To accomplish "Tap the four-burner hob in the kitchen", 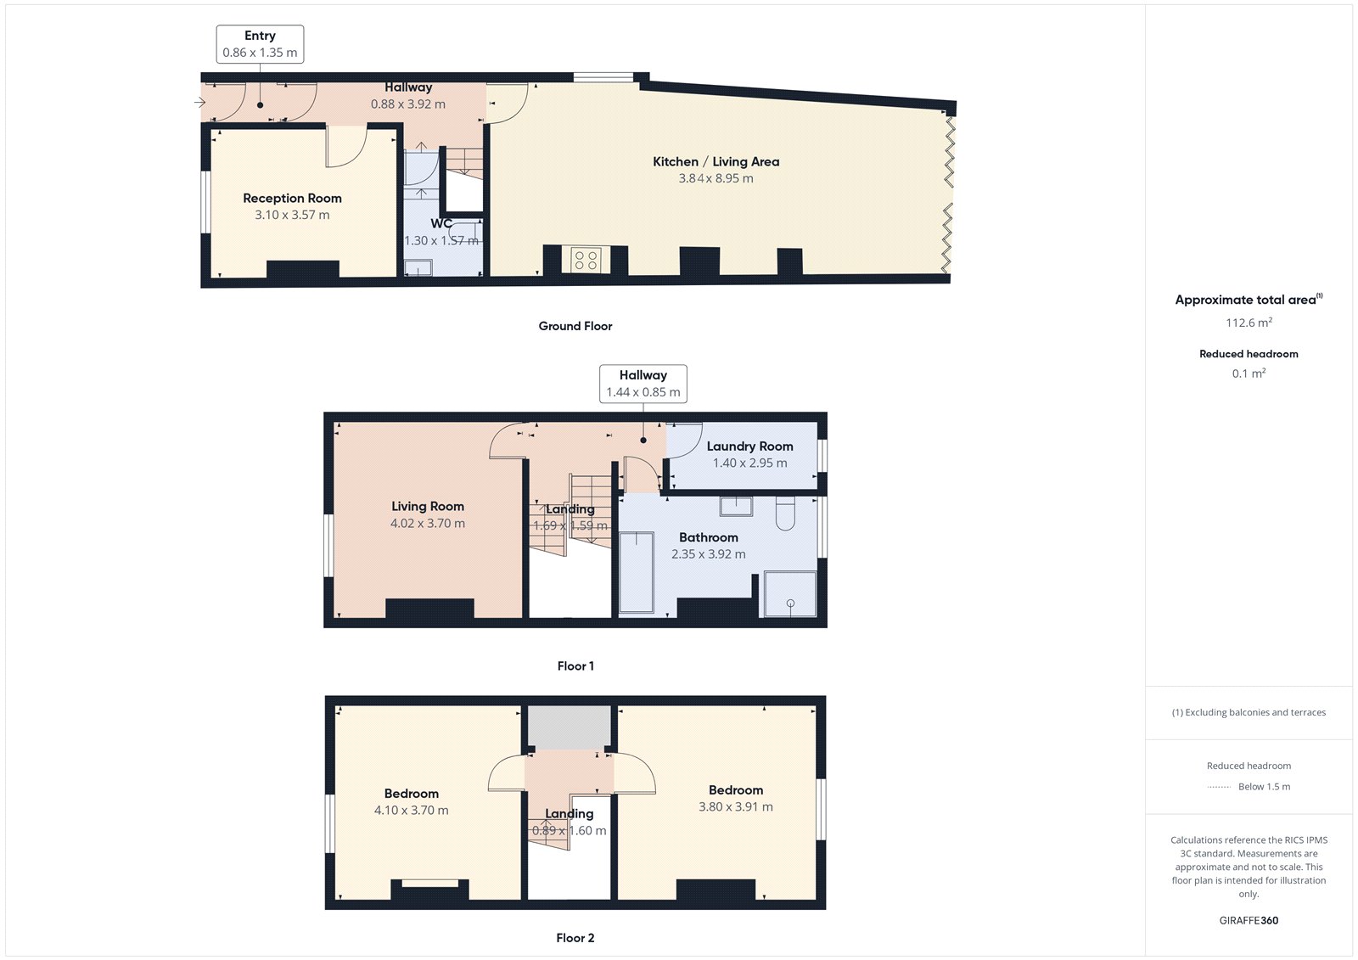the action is [586, 261].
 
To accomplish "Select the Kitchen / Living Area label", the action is [716, 162].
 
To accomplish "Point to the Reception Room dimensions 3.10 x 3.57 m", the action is [292, 215].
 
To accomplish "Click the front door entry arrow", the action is [200, 103].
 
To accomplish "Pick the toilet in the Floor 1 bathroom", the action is [785, 514].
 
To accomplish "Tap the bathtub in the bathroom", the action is [637, 572].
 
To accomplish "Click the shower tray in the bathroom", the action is [790, 593].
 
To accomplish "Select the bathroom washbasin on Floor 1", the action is [736, 507].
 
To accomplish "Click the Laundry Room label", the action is [750, 446].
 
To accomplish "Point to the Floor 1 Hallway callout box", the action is [643, 384].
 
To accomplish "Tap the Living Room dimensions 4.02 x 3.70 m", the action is [428, 524].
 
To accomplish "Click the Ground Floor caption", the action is [575, 326].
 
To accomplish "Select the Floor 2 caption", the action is [575, 938].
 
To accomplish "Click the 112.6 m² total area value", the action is [1249, 322].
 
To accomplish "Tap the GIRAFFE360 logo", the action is [1249, 921].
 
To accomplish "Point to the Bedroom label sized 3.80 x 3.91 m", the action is [736, 790].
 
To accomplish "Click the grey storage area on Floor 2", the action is [569, 727].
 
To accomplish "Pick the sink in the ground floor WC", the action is [418, 267].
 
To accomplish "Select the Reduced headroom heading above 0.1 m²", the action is [1249, 354].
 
